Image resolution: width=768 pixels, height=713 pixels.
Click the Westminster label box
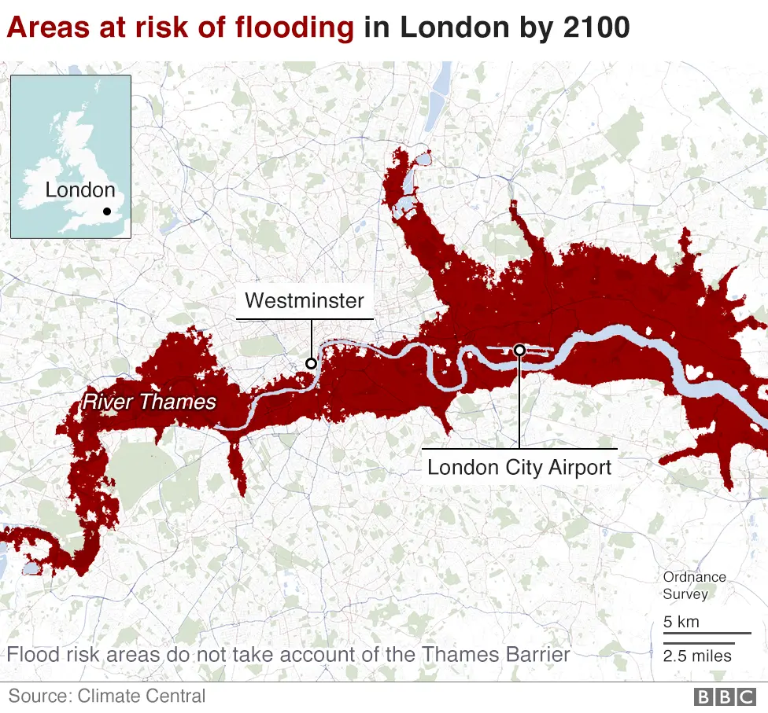coord(305,300)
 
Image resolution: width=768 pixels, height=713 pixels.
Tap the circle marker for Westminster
coord(311,363)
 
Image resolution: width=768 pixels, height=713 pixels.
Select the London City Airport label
coord(519,467)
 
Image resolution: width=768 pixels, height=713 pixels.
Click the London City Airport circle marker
coord(519,350)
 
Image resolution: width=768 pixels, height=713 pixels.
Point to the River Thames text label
coord(149,402)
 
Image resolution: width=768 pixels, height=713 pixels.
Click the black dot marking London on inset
coord(107,211)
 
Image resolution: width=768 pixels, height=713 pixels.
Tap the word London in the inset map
coord(80,190)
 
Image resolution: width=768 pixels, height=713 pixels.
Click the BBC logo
coord(723,696)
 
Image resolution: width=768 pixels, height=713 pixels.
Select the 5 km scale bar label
coord(681,622)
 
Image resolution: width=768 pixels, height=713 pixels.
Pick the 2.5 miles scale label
coord(697,656)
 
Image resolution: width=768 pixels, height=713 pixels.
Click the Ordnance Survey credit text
coord(694,586)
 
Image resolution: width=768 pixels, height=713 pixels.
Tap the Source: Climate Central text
coord(107,696)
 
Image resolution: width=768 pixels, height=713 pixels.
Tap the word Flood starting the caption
coord(31,654)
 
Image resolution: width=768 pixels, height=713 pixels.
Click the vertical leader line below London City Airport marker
coord(519,401)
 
